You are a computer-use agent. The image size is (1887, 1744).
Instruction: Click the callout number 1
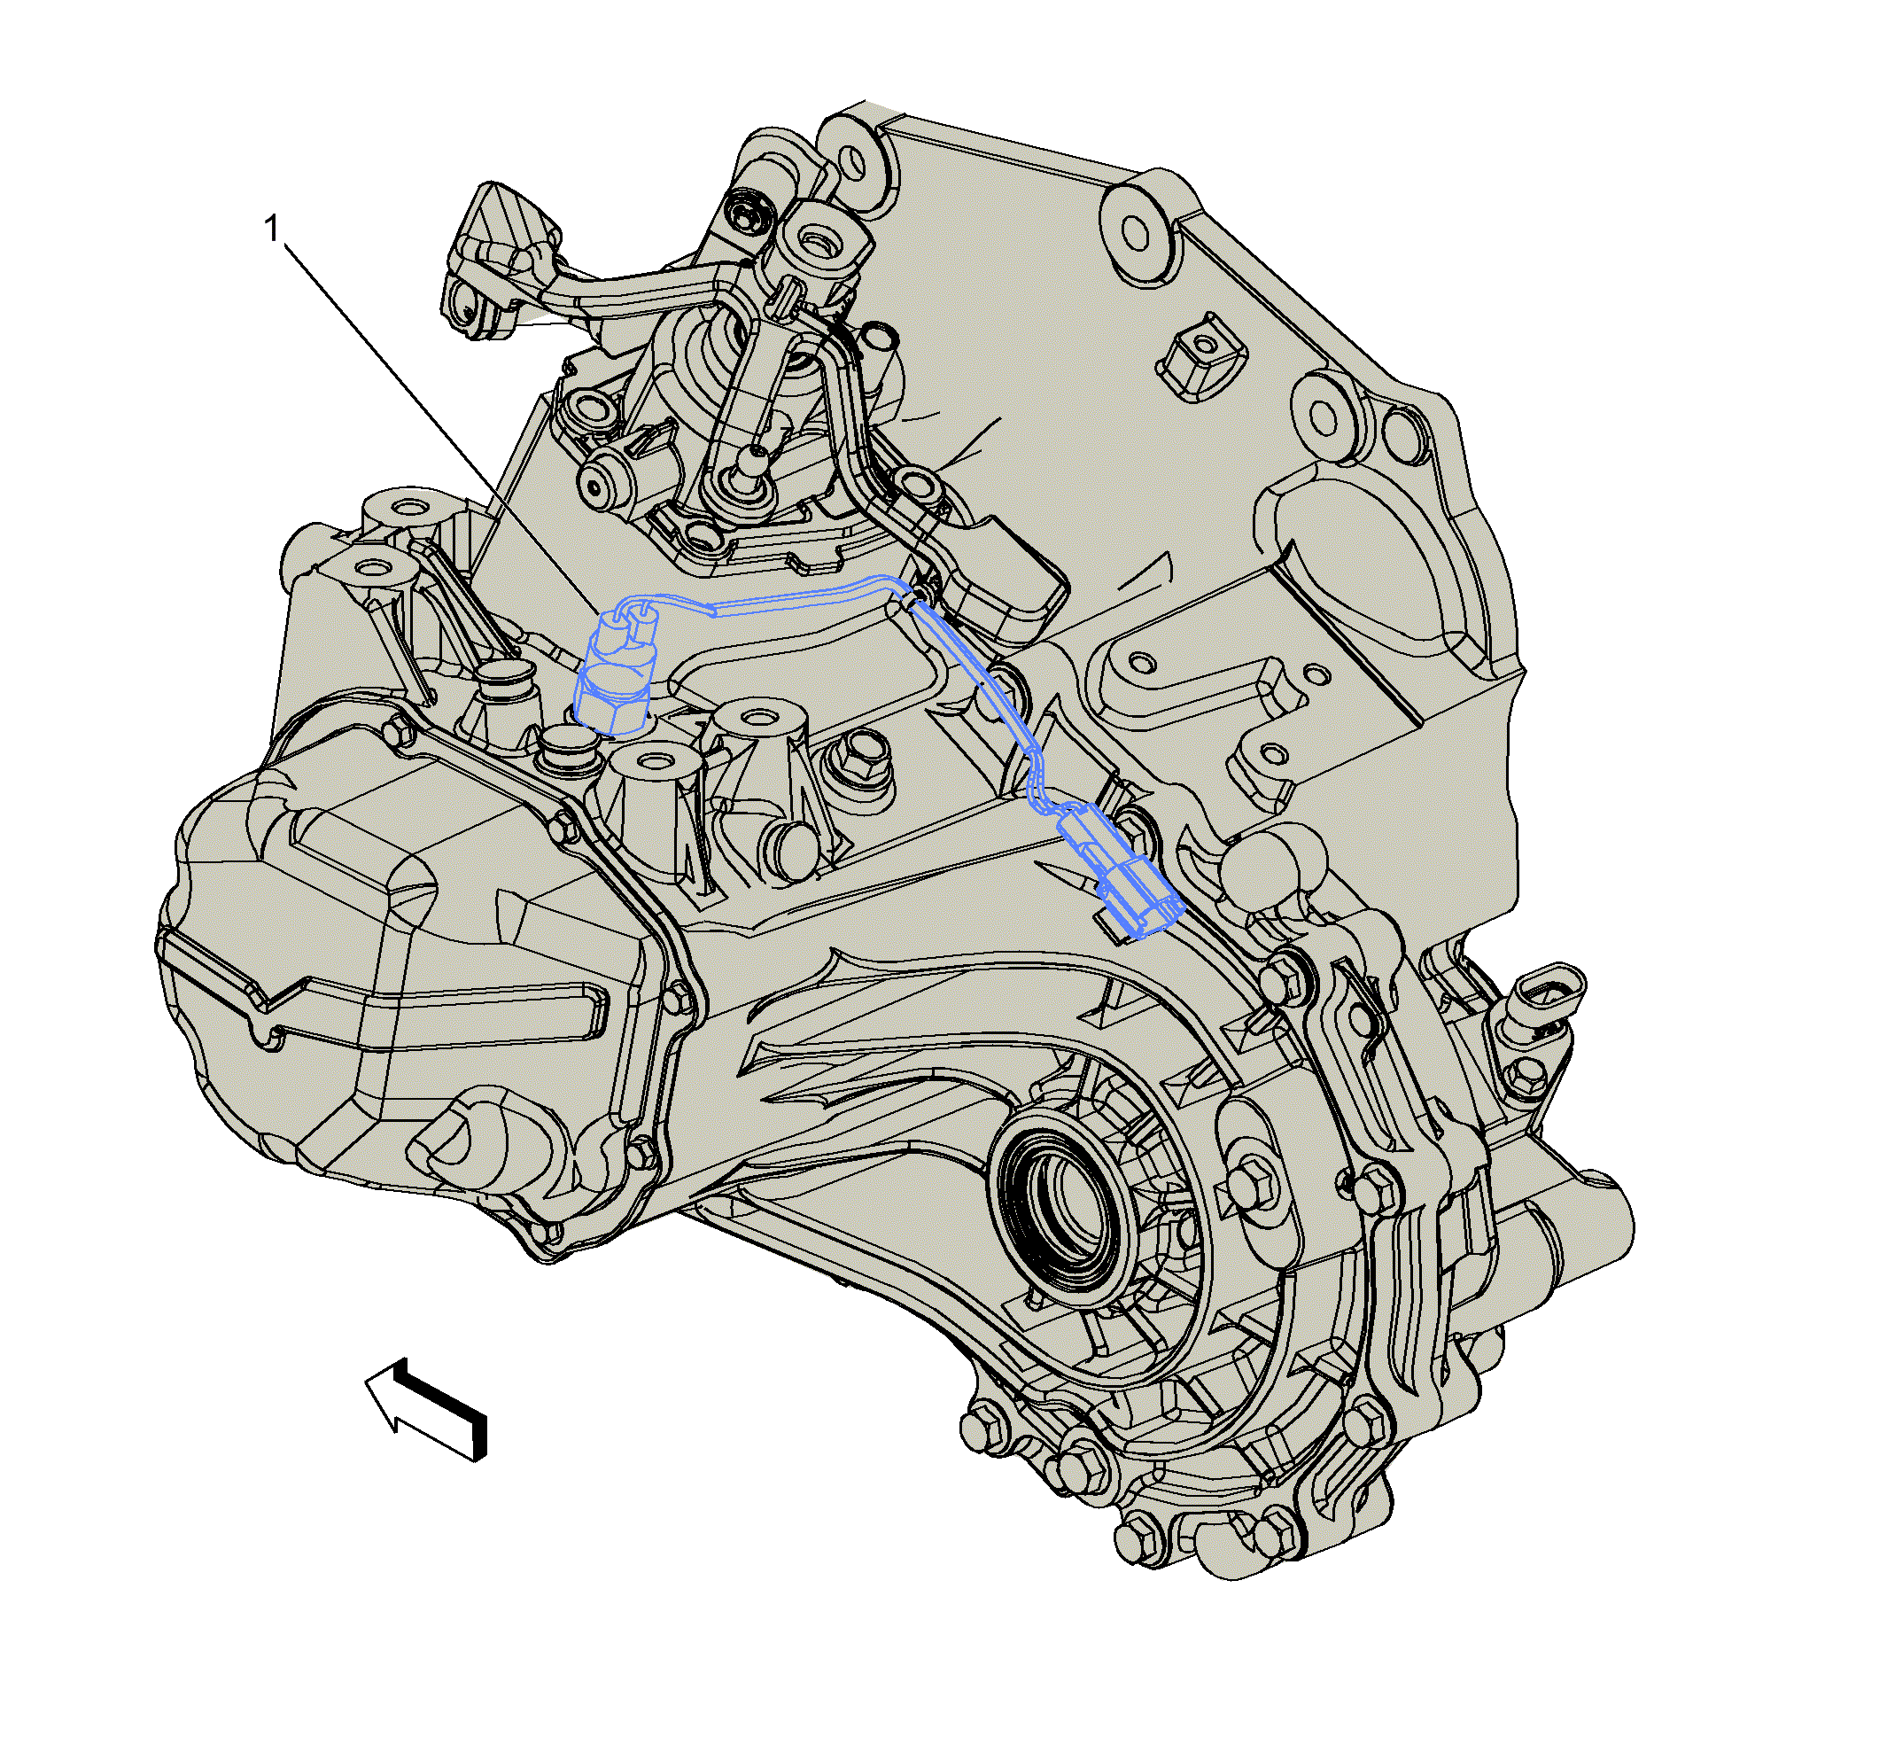coord(273,229)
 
